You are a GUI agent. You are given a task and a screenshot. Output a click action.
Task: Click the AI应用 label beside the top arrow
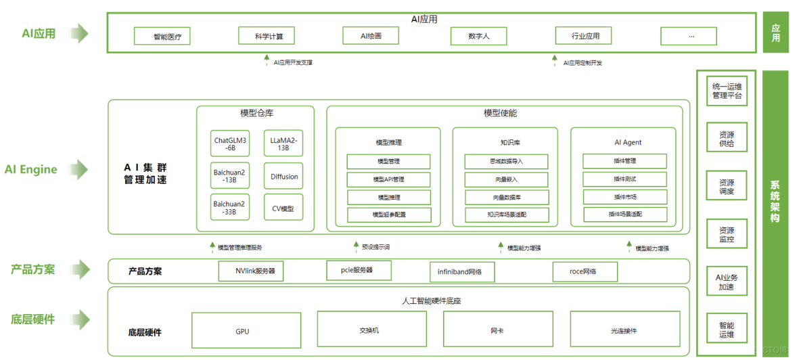coord(38,32)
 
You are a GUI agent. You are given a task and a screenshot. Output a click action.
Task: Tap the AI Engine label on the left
coord(30,169)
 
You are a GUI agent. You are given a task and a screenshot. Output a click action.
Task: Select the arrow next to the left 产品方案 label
coord(78,270)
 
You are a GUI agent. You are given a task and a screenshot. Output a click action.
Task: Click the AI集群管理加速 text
coord(145,173)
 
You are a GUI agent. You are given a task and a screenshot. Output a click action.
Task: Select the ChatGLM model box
coord(230,143)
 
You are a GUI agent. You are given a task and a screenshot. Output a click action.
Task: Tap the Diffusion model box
coord(283,175)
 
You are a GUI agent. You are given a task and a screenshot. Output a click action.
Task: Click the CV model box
coord(283,208)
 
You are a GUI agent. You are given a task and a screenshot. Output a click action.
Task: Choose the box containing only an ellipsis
coord(689,36)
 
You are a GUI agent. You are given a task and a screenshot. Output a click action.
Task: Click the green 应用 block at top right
coord(775,32)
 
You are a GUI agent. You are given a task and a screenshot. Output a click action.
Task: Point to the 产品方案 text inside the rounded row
coord(145,272)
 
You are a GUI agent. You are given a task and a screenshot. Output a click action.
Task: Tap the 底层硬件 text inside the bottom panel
coord(145,332)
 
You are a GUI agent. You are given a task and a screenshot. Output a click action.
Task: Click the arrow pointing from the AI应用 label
coord(78,32)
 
